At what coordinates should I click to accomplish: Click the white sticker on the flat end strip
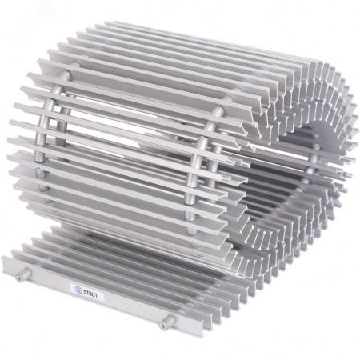coord(87,291)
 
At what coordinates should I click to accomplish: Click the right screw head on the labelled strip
coord(162,325)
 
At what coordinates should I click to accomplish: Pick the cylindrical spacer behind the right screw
coord(169,322)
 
